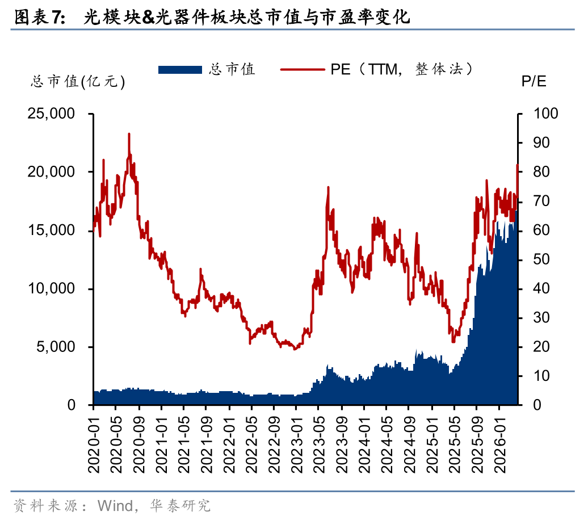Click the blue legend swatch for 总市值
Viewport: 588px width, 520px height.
click(180, 69)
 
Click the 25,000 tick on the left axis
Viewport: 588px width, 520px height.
click(51, 114)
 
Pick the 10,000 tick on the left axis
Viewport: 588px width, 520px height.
click(51, 288)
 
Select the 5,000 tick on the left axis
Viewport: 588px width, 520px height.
click(55, 347)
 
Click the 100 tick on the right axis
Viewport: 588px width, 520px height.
click(545, 114)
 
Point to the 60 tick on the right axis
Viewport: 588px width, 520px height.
click(541, 230)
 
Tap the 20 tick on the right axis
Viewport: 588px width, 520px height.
click(541, 347)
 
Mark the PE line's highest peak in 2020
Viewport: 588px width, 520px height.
click(129, 134)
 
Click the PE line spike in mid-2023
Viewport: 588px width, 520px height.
click(328, 187)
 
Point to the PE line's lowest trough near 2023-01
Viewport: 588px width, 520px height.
click(295, 349)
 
